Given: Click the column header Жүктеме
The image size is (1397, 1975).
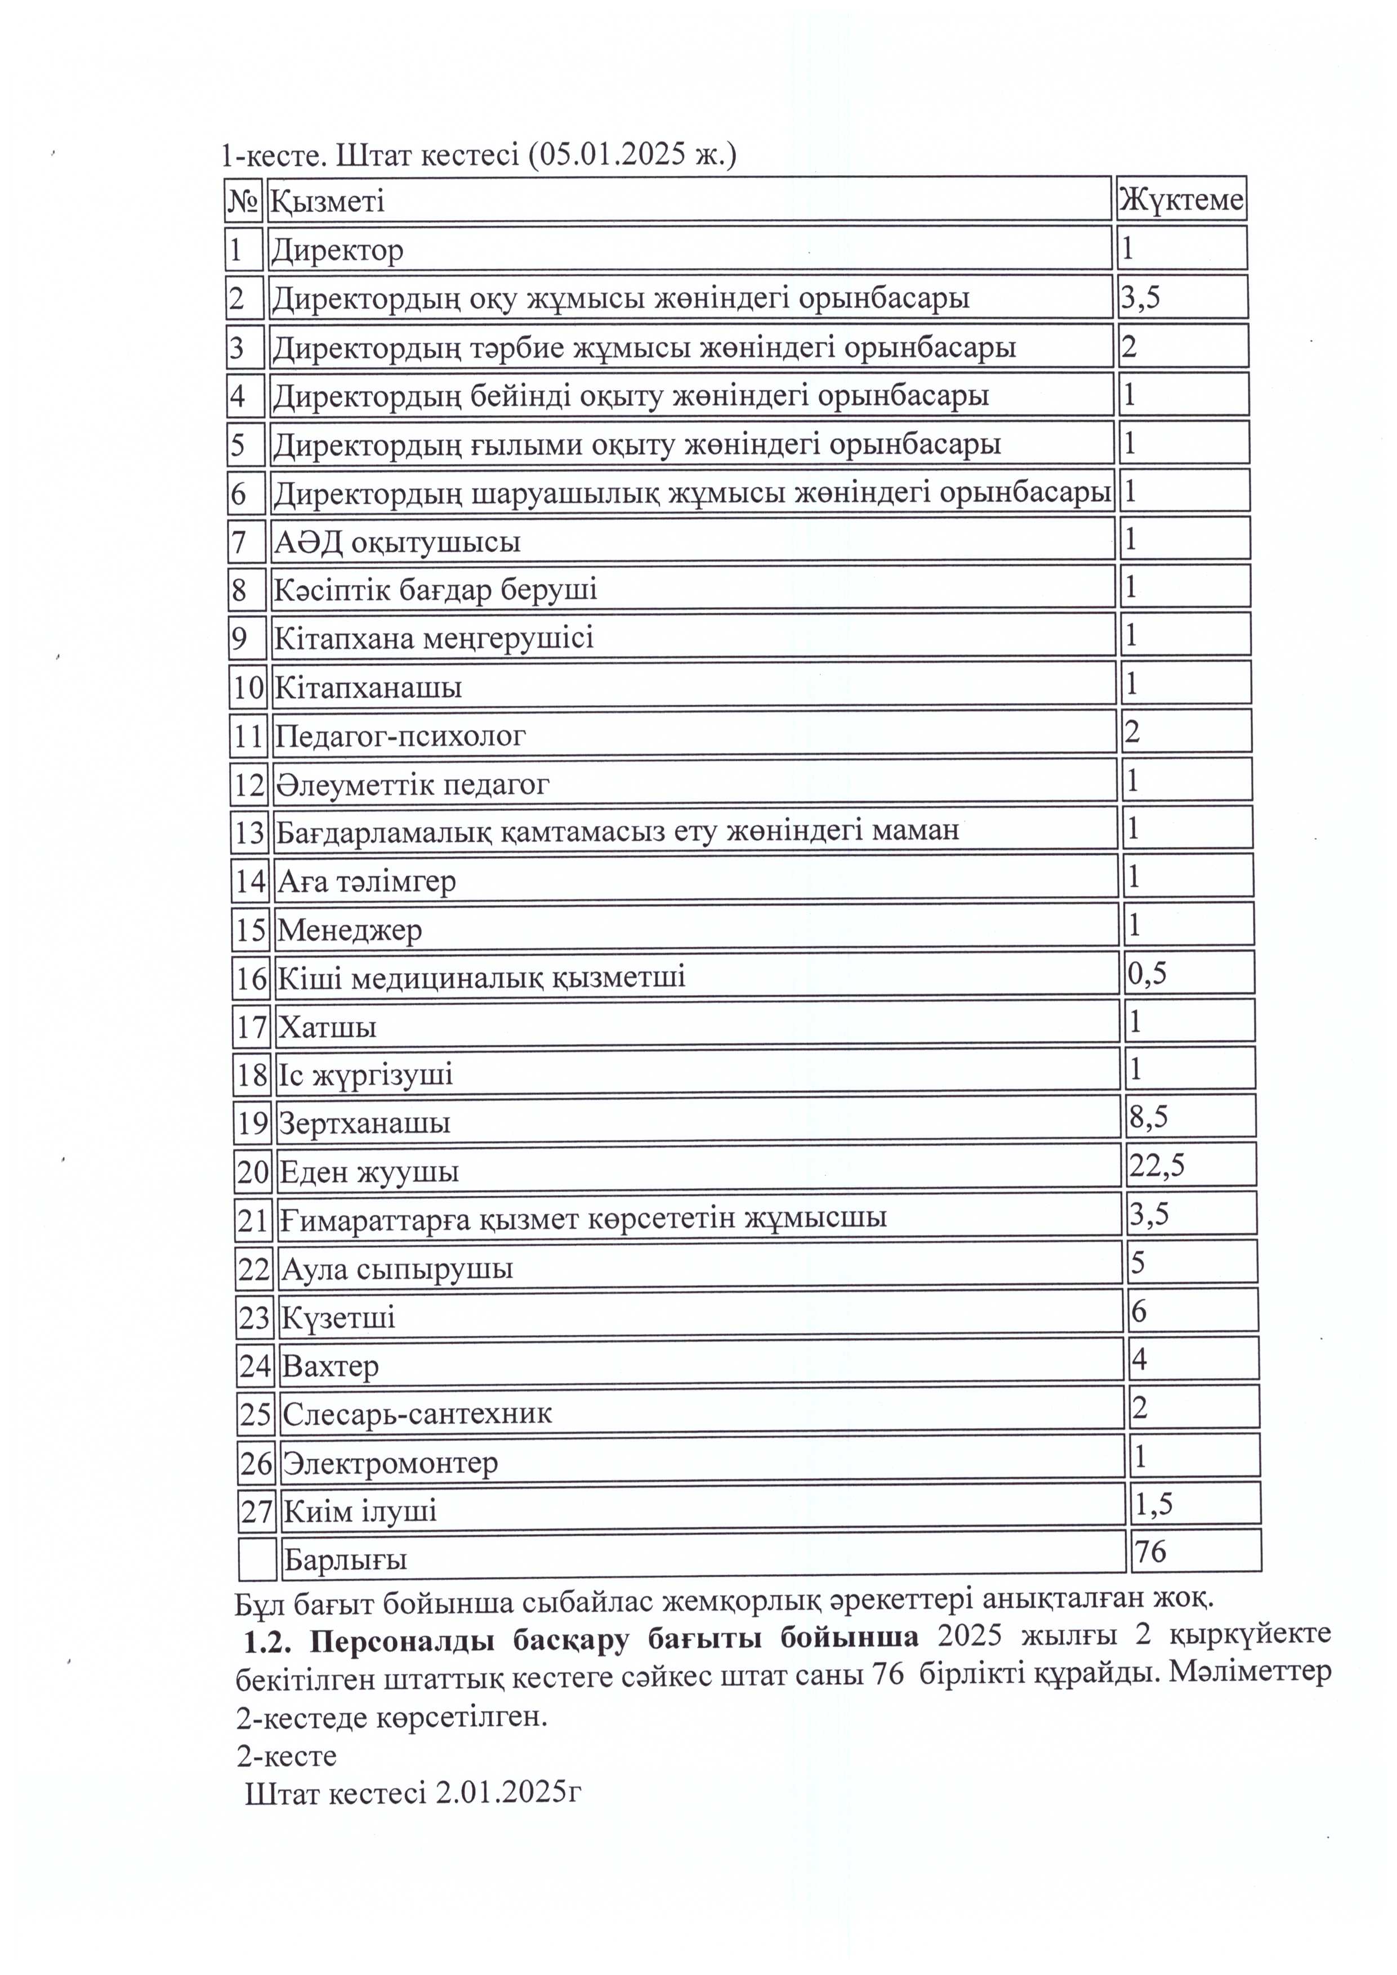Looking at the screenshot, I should (x=1180, y=200).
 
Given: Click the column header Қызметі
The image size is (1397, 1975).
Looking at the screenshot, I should (x=328, y=201).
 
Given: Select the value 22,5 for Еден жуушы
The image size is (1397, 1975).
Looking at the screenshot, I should (x=1157, y=1166).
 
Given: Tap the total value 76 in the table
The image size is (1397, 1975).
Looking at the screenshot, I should (x=1150, y=1551).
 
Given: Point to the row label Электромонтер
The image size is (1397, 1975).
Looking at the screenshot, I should (x=391, y=1463).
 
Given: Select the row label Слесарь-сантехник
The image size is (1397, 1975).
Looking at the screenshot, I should (x=417, y=1414).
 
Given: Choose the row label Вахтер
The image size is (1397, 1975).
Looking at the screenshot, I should (x=331, y=1366).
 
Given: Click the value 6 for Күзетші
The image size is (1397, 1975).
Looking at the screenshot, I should (x=1139, y=1311).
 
